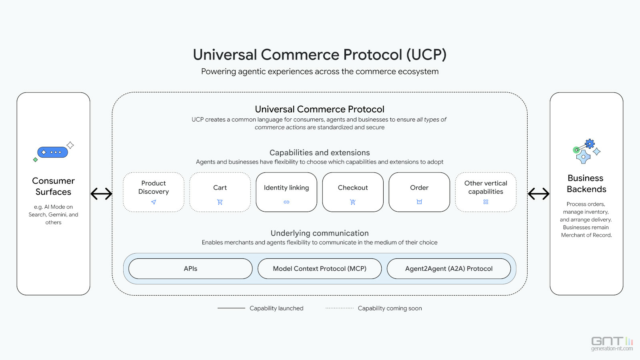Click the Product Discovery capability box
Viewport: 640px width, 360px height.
pyautogui.click(x=154, y=192)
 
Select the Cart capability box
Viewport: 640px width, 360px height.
pyautogui.click(x=220, y=192)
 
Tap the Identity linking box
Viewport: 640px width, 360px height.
pyautogui.click(x=286, y=192)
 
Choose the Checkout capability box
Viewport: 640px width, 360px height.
pyautogui.click(x=353, y=192)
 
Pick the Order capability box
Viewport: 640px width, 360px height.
pyautogui.click(x=419, y=192)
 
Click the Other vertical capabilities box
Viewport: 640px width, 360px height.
pyautogui.click(x=486, y=192)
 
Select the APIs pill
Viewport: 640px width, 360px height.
pyautogui.click(x=190, y=269)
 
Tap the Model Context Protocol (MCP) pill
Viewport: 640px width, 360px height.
pyautogui.click(x=320, y=269)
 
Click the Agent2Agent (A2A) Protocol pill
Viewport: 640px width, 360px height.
pyautogui.click(x=449, y=269)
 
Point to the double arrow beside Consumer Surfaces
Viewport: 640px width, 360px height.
pyautogui.click(x=101, y=194)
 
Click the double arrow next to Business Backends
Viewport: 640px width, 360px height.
pyautogui.click(x=538, y=194)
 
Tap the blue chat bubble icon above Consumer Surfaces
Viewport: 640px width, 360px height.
pyautogui.click(x=52, y=152)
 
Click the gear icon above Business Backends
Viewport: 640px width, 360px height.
pyautogui.click(x=589, y=144)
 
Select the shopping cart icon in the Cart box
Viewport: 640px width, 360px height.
pyautogui.click(x=220, y=202)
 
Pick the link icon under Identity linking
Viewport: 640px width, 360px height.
pyautogui.click(x=286, y=202)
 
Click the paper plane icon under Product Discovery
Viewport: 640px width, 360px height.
pyautogui.click(x=154, y=202)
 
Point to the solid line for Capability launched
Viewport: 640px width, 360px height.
pyautogui.click(x=231, y=308)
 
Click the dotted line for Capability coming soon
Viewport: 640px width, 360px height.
pyautogui.click(x=340, y=308)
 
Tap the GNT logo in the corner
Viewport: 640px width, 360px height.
pyautogui.click(x=612, y=343)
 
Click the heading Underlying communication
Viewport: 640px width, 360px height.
pyautogui.click(x=320, y=233)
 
